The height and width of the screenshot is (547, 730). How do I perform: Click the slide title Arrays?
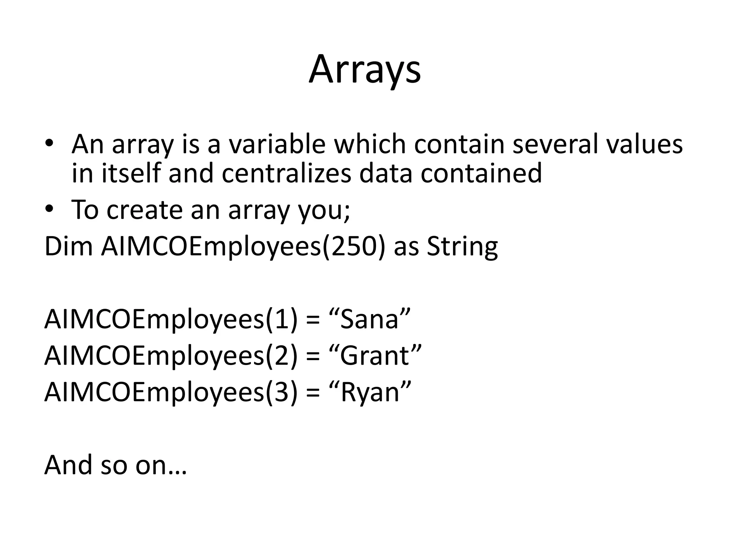tap(365, 70)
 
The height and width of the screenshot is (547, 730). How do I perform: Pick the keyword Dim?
tap(68, 246)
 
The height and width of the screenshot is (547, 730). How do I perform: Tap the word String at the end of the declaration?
tap(462, 246)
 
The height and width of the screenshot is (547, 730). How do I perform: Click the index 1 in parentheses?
tap(281, 319)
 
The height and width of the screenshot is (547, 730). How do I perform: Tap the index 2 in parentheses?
tap(281, 355)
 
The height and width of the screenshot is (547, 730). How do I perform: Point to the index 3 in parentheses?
tap(281, 392)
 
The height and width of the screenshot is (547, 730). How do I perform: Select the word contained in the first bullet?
tap(481, 173)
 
